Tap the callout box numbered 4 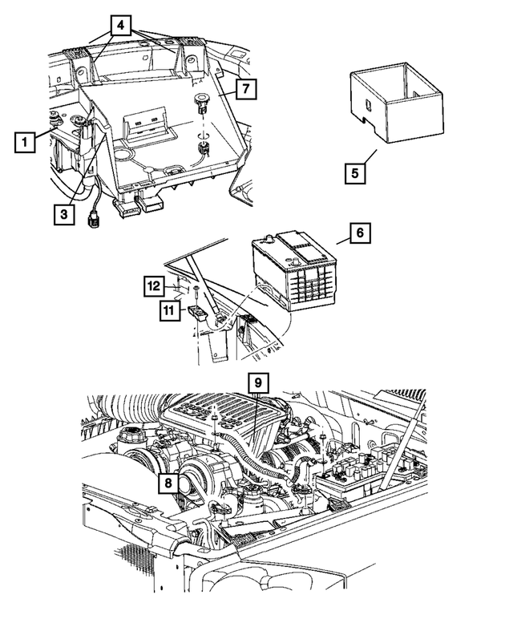[x=119, y=25]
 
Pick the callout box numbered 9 [x=258, y=384]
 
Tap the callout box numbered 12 [x=156, y=285]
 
